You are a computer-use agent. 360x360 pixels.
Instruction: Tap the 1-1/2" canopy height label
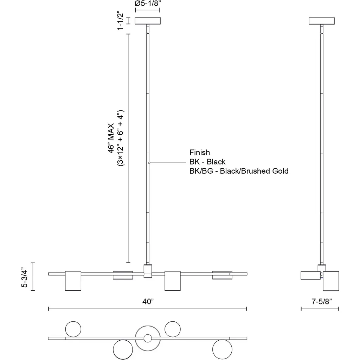pyautogui.click(x=121, y=21)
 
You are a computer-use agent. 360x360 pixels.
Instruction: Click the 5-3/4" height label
pyautogui.click(x=24, y=278)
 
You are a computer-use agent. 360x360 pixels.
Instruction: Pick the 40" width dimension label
pyautogui.click(x=148, y=302)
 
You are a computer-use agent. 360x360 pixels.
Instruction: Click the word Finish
pyautogui.click(x=200, y=153)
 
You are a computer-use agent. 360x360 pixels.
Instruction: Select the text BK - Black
pyautogui.click(x=207, y=162)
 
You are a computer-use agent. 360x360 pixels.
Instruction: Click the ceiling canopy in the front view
pyautogui.click(x=148, y=21)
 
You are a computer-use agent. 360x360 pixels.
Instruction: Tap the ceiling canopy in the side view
pyautogui.click(x=321, y=21)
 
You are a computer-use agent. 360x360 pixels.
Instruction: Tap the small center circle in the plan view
pyautogui.click(x=148, y=338)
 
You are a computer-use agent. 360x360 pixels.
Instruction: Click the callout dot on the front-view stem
pyautogui.click(x=149, y=163)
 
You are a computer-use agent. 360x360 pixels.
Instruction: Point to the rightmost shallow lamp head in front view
pyautogui.click(x=222, y=275)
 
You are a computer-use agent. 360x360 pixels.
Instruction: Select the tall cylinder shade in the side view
pyautogui.click(x=331, y=281)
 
